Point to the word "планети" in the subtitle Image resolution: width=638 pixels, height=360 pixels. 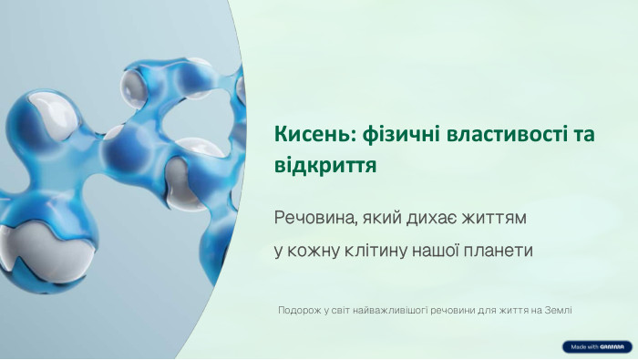pyautogui.click(x=499, y=249)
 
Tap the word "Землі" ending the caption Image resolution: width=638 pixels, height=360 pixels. pyautogui.click(x=557, y=310)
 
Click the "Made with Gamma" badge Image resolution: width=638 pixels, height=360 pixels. pyautogui.click(x=597, y=347)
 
